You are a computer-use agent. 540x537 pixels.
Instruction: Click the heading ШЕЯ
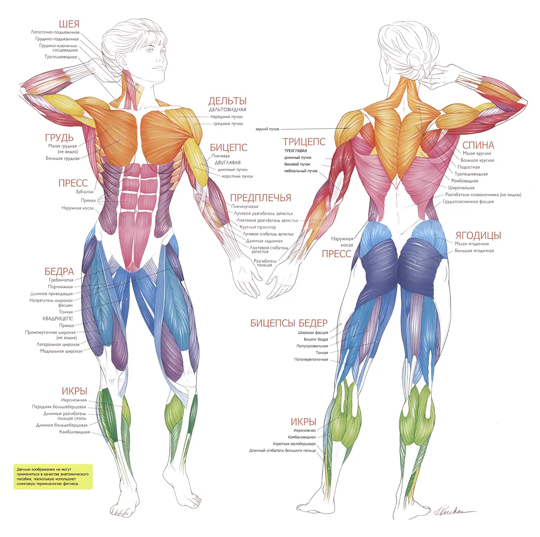[69, 24]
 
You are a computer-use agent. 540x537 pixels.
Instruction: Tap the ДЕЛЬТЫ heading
[227, 101]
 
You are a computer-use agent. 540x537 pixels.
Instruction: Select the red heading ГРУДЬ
[59, 138]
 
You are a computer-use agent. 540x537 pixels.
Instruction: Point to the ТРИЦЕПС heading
[304, 142]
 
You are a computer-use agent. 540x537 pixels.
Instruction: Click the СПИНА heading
[478, 145]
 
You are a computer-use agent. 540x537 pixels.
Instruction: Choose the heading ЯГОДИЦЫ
[478, 236]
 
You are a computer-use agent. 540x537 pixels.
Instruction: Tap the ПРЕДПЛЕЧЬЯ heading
[261, 198]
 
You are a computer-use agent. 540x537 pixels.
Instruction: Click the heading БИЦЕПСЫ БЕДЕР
[289, 323]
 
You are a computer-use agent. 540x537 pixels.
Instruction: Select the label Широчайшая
[461, 188]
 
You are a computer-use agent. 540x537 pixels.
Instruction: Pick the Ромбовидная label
[465, 181]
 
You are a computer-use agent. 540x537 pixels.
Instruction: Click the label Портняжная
[60, 287]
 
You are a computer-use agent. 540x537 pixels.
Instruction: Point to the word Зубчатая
[84, 192]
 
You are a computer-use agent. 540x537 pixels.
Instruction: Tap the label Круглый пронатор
[258, 227]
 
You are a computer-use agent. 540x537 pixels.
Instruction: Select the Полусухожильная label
[312, 346]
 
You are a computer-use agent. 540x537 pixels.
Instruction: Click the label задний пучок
[268, 129]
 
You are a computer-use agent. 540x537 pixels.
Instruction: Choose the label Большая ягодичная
[474, 251]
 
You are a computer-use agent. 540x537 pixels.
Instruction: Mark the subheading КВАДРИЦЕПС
[58, 319]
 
